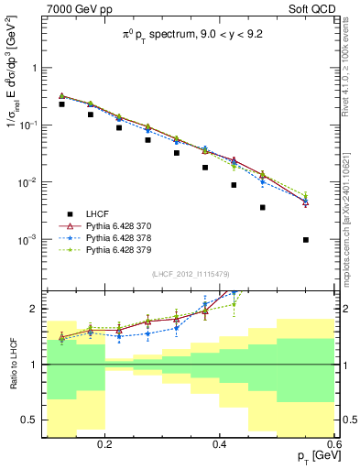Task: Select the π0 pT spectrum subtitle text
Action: [x=191, y=38]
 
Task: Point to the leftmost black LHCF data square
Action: [x=62, y=104]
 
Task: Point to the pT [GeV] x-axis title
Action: [x=312, y=457]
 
